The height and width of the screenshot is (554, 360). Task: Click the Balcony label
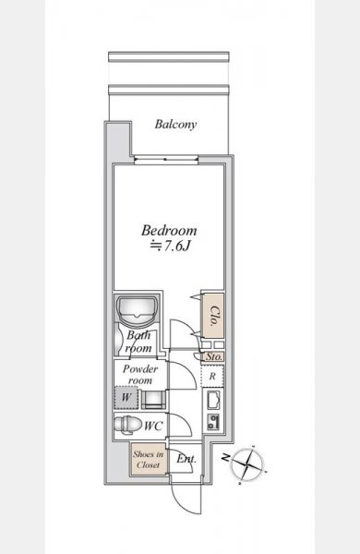point(175,125)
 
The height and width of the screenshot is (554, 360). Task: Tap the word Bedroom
point(169,230)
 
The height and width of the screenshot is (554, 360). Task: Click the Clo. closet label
point(214,315)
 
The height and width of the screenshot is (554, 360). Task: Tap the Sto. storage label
point(214,356)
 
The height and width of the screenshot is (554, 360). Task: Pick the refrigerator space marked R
point(212,376)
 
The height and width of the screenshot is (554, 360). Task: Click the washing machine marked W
point(126,397)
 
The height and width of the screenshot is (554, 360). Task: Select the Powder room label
point(140,375)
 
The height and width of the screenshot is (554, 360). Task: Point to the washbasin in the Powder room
point(153,399)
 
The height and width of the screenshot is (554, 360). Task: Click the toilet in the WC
point(128,424)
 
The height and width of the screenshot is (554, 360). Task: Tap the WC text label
point(153,426)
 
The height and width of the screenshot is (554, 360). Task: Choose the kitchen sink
point(212,400)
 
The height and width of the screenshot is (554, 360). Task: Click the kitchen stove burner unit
point(213,422)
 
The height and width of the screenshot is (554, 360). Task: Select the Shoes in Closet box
point(148,460)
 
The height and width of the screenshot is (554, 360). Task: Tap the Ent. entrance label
point(186,459)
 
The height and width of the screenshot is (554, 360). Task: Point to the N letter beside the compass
point(224,458)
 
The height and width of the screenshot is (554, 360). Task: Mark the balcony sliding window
point(166,160)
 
